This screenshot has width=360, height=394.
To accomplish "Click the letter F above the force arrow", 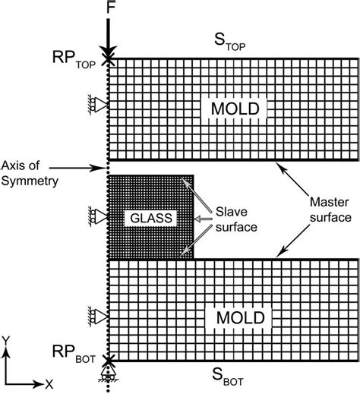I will [110, 9].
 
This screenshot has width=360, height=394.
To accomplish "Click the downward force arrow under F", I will [110, 35].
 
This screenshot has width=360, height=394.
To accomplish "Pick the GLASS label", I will [152, 218].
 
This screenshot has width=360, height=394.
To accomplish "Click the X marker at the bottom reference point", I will [109, 360].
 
